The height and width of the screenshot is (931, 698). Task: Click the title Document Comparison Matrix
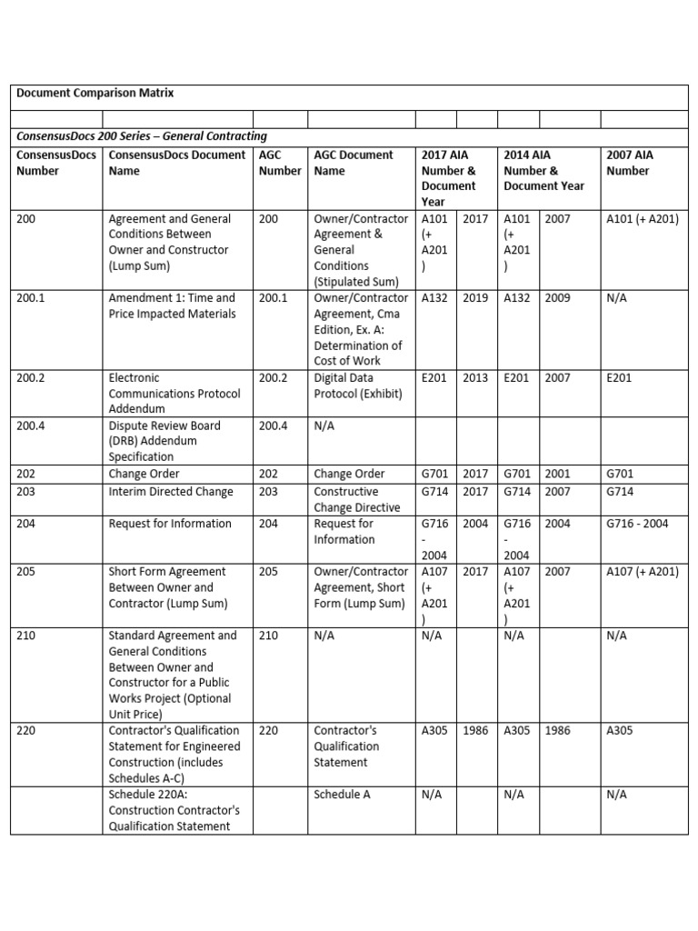click(x=95, y=94)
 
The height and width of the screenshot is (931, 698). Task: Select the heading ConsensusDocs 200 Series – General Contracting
click(x=143, y=136)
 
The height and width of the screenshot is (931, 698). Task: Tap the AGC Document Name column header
click(x=354, y=163)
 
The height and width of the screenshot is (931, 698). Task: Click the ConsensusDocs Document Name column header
click(x=176, y=163)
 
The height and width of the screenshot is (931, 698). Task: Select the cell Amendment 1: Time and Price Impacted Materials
click(x=172, y=305)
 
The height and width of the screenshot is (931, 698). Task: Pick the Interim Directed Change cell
click(x=171, y=492)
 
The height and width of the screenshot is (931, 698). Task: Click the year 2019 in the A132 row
click(x=474, y=298)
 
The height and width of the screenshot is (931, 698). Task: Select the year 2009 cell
click(x=557, y=298)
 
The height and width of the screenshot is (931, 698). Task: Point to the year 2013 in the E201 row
click(x=474, y=378)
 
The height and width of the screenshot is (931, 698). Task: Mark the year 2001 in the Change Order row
click(x=557, y=474)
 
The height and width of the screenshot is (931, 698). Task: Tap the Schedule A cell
click(x=342, y=795)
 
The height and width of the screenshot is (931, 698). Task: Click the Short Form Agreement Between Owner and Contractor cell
click(x=168, y=587)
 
